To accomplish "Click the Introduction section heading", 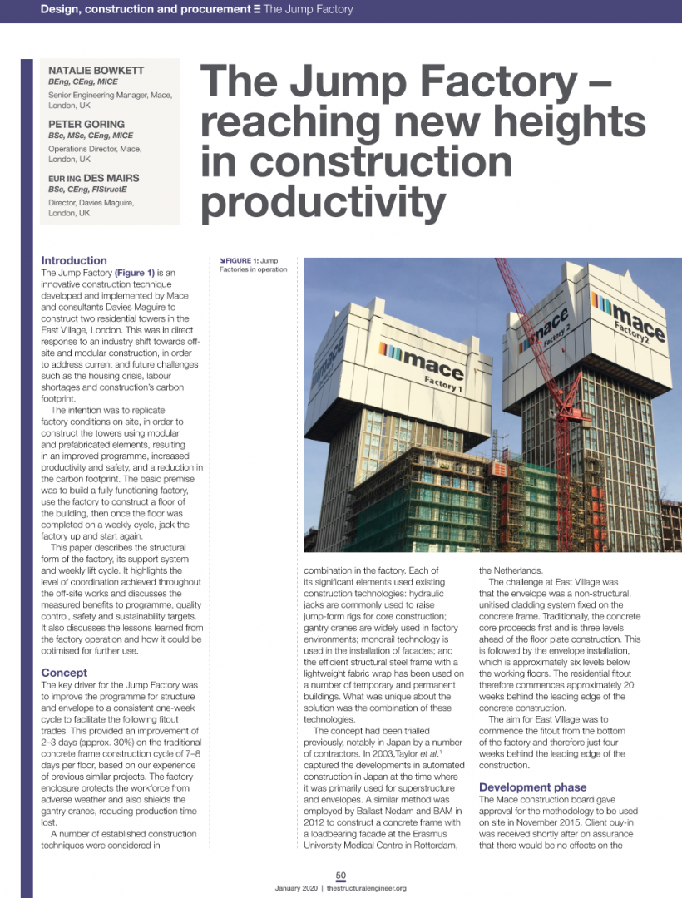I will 74,260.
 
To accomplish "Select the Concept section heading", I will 64,673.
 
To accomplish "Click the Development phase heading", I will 532,787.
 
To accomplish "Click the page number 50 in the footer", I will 341,875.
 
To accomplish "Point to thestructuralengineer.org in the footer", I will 367,888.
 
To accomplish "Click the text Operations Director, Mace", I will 95,148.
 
